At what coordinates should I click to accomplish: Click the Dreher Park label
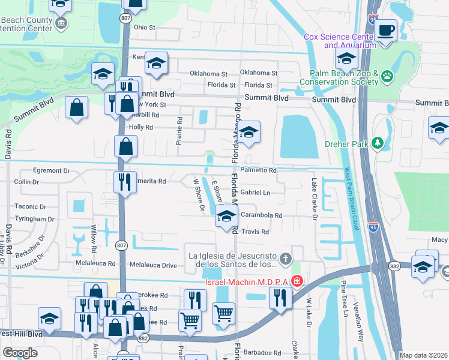click(349, 143)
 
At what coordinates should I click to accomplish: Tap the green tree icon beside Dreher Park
click(378, 143)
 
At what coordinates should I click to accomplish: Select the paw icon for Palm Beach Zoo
click(388, 76)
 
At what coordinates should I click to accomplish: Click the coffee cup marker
click(386, 29)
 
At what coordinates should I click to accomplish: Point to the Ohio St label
click(145, 28)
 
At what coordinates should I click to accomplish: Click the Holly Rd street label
click(141, 127)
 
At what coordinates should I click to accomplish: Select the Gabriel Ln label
click(256, 193)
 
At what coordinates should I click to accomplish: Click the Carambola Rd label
click(261, 215)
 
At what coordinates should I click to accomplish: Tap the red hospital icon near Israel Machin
click(296, 281)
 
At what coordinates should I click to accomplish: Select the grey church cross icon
click(286, 259)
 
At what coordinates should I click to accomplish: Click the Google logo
click(20, 353)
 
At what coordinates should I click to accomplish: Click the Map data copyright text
click(424, 355)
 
